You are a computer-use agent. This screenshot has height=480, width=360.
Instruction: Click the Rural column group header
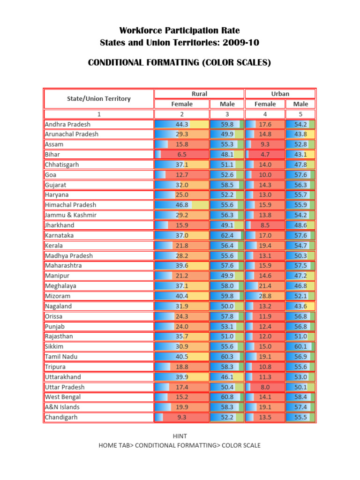pyautogui.click(x=199, y=94)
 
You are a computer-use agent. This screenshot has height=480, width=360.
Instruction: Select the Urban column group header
pyautogui.click(x=280, y=94)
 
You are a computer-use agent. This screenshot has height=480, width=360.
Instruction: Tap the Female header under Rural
pyautogui.click(x=182, y=104)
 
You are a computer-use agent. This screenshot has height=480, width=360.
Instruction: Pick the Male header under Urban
pyautogui.click(x=300, y=104)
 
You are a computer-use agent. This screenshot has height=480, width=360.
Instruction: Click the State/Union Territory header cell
pyautogui.click(x=99, y=99)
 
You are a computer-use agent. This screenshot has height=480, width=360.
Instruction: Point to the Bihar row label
pyautogui.click(x=52, y=154)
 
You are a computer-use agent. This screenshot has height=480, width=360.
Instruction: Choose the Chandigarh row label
pyautogui.click(x=61, y=417)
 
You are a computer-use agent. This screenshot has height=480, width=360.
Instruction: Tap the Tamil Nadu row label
pyautogui.click(x=61, y=356)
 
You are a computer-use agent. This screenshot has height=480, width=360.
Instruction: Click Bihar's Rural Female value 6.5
pyautogui.click(x=182, y=154)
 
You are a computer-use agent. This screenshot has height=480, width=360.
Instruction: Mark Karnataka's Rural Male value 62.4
pyautogui.click(x=227, y=235)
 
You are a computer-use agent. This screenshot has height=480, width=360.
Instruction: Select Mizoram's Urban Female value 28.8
pyautogui.click(x=265, y=296)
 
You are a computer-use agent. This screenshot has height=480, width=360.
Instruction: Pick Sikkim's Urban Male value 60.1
pyautogui.click(x=300, y=346)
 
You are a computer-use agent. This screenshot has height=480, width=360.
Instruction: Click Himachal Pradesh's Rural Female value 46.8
pyautogui.click(x=182, y=205)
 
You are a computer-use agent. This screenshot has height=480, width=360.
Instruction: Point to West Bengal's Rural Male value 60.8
pyautogui.click(x=227, y=397)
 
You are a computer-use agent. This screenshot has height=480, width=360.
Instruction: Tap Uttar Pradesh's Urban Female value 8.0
pyautogui.click(x=265, y=387)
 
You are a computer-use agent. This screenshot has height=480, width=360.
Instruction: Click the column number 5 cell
pyautogui.click(x=300, y=114)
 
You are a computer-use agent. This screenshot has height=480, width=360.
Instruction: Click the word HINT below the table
pyautogui.click(x=180, y=436)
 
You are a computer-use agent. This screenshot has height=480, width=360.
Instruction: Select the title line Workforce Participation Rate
pyautogui.click(x=180, y=31)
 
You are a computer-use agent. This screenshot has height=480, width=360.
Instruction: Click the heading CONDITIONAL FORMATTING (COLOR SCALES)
pyautogui.click(x=180, y=63)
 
